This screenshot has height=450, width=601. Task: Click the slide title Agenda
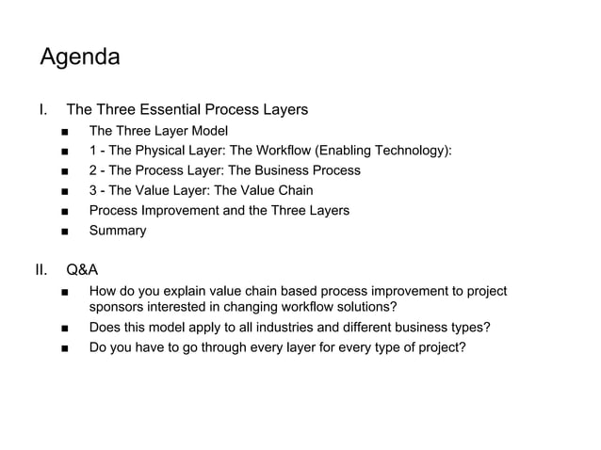point(80,58)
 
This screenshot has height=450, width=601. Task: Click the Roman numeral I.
point(42,110)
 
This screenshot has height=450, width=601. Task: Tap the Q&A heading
point(82,272)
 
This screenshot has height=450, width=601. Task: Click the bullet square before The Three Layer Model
point(63,132)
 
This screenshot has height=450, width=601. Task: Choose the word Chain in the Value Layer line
point(294,190)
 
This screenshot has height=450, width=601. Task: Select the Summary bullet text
point(118,230)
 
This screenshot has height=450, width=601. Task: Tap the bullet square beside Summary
point(63,231)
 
